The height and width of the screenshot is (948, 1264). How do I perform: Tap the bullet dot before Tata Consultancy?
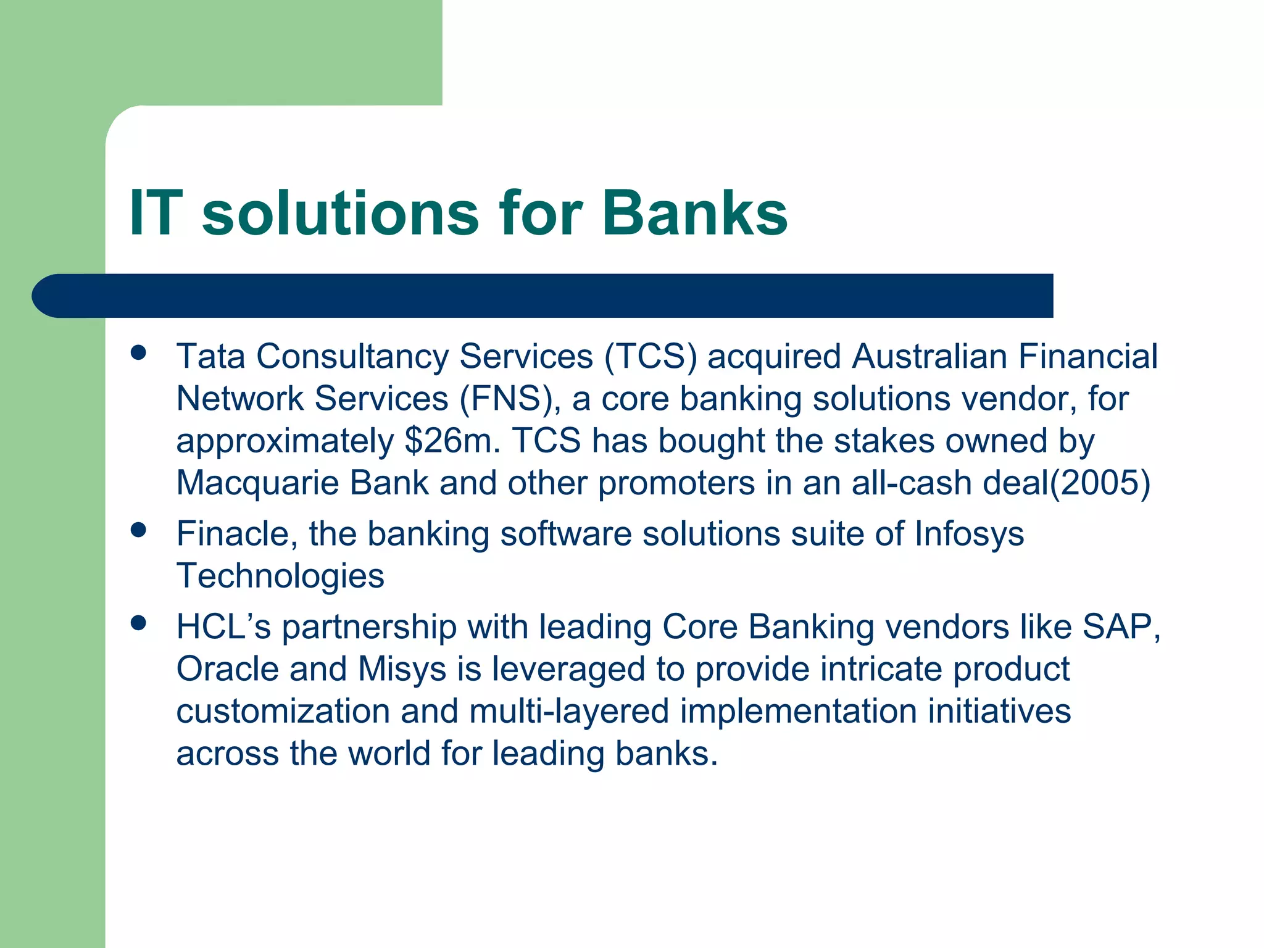[138, 353]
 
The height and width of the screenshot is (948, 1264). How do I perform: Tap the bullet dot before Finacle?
[138, 530]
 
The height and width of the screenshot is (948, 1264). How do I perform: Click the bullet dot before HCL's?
[138, 623]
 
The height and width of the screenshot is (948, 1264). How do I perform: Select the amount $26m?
[452, 441]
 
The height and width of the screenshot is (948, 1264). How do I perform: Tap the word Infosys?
[969, 534]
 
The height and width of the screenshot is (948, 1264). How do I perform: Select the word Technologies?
[280, 576]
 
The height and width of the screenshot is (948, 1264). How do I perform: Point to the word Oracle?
[227, 669]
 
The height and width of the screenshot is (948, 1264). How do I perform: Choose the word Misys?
[402, 669]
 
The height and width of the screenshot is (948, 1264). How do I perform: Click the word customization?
[283, 711]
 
